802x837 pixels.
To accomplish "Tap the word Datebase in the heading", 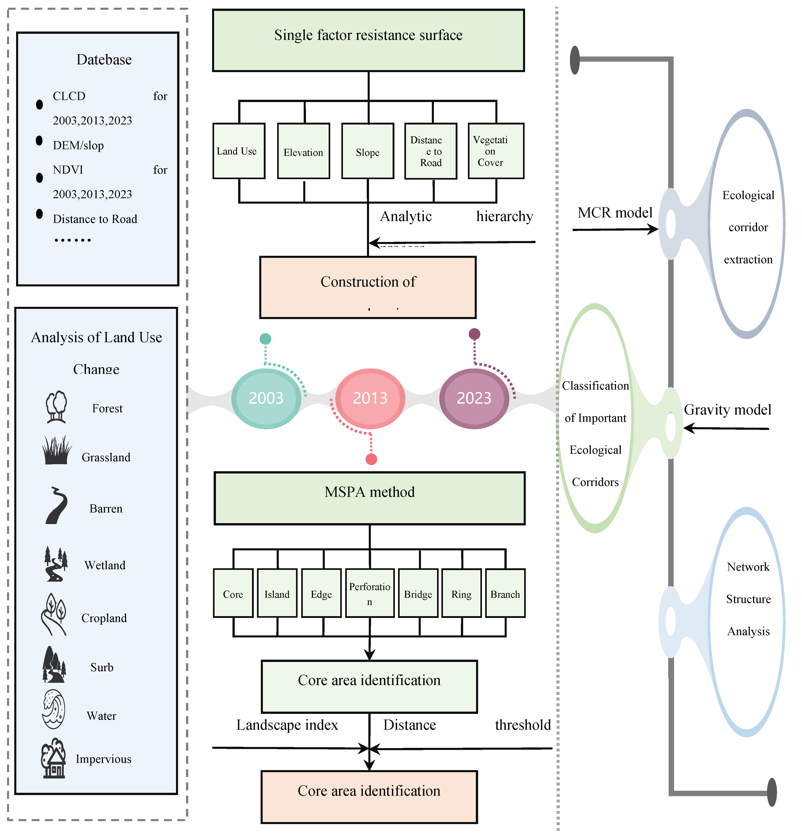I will tap(104, 59).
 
